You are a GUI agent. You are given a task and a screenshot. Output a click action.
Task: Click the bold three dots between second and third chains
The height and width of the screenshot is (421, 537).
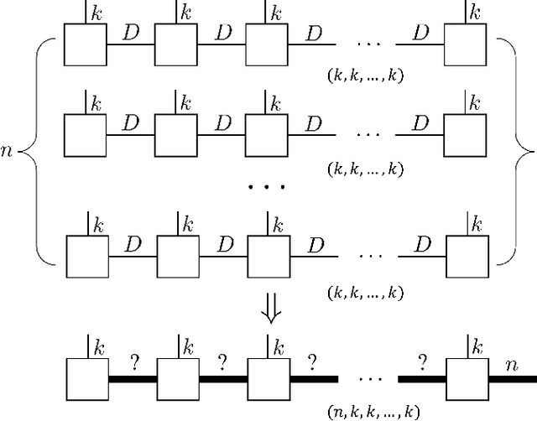click(268, 186)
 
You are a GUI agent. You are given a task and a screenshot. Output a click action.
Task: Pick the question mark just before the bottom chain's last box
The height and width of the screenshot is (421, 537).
click(423, 362)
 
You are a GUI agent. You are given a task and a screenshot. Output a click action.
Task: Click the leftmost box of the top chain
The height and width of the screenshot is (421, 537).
click(86, 44)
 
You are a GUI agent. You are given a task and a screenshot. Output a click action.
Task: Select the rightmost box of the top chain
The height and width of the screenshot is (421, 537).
click(465, 44)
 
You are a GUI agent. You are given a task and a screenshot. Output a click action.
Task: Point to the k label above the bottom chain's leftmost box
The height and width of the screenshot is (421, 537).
click(98, 346)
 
